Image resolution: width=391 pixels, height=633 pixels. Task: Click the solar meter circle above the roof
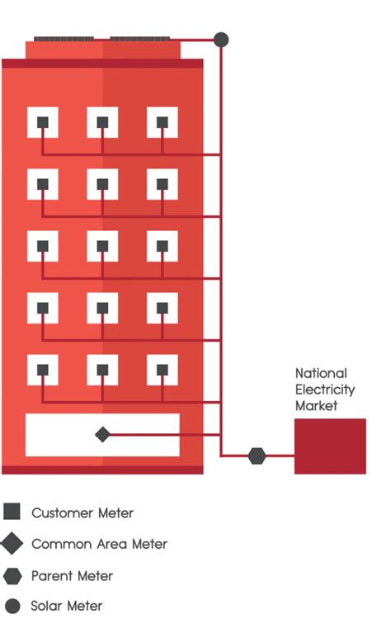coord(221,40)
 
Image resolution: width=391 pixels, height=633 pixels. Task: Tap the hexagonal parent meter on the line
coord(257,456)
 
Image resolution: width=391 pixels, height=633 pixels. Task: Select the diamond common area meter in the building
coord(102,434)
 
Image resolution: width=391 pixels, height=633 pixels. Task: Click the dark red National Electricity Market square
coord(330,446)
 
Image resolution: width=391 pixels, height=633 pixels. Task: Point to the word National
coord(321,373)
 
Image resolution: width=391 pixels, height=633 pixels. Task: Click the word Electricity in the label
coord(325,390)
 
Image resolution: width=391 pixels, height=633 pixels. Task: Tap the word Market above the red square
coord(317,405)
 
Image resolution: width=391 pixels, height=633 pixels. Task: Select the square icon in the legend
coord(12,511)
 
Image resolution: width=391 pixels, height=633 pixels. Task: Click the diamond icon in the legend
coord(12,543)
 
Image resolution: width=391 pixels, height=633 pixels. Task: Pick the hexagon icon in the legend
coord(12,576)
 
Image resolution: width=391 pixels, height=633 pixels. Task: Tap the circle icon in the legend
coord(12,606)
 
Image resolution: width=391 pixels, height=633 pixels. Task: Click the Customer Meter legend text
coord(82,513)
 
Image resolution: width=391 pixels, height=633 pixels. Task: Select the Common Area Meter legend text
coord(99,544)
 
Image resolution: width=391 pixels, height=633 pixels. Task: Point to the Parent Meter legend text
coord(73,576)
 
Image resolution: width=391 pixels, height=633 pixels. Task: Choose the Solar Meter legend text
coord(67,606)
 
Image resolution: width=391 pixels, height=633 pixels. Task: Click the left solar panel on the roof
coord(64,39)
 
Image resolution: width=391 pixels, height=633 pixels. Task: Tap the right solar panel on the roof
coord(139,39)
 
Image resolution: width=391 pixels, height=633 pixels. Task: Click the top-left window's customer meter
coord(43,122)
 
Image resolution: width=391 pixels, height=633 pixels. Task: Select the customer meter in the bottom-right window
coord(163,370)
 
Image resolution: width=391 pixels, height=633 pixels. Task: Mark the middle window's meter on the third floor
coord(102,246)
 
